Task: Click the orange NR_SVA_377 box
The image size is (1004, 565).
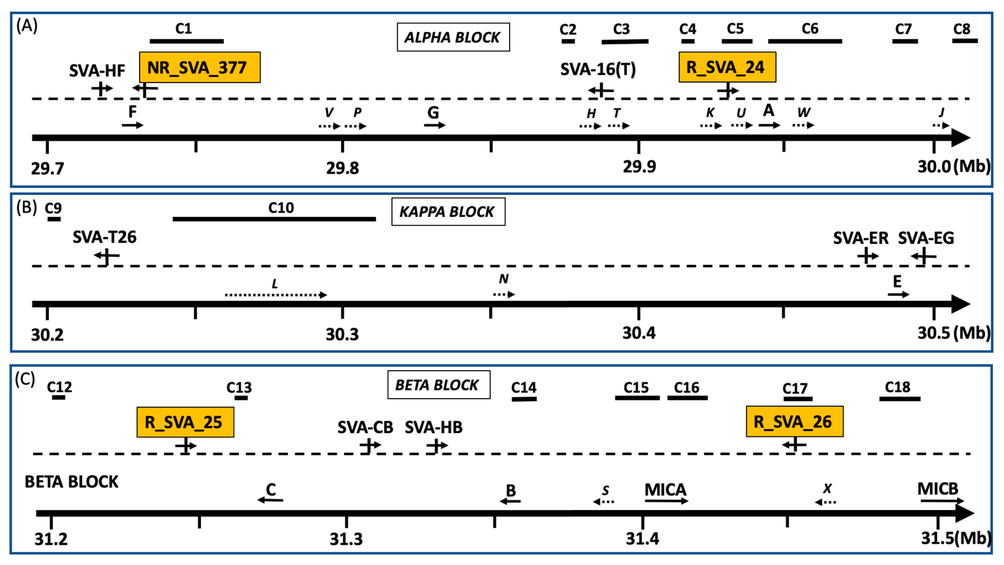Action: [199, 67]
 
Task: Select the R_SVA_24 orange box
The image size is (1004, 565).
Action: [727, 67]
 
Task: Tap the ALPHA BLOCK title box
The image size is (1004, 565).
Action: [453, 37]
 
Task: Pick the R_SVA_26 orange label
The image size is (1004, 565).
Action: [794, 422]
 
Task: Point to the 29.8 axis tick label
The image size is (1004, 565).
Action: [342, 168]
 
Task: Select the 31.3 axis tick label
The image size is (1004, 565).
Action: [346, 539]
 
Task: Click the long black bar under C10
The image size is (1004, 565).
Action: [274, 219]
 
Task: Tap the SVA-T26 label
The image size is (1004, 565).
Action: [104, 237]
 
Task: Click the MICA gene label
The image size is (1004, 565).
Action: [665, 490]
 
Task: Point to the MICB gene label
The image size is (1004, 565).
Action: [937, 488]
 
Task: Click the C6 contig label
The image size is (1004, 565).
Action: [810, 28]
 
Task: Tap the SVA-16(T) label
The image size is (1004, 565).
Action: [598, 69]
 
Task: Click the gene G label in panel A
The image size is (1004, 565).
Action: [433, 113]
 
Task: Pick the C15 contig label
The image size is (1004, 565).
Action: [636, 387]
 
